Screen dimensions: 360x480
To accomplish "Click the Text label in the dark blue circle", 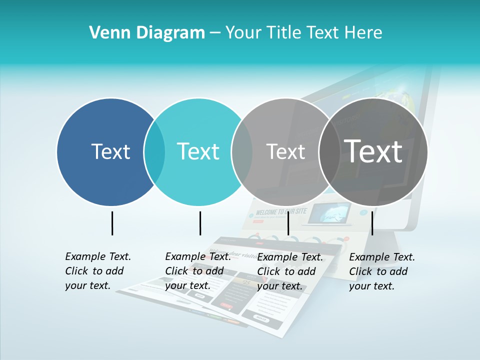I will pyautogui.click(x=110, y=151).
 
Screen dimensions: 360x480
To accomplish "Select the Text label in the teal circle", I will pyautogui.click(x=198, y=151).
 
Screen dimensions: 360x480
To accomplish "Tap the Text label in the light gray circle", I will pyautogui.click(x=285, y=151).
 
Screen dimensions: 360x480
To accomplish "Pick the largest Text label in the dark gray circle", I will pyautogui.click(x=373, y=151).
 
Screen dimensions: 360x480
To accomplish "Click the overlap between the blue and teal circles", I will pyautogui.click(x=154, y=151).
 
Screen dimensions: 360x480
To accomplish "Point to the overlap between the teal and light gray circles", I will pyautogui.click(x=242, y=151).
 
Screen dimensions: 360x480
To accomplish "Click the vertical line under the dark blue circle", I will pyautogui.click(x=112, y=223).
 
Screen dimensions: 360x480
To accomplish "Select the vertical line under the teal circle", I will pyautogui.click(x=200, y=223).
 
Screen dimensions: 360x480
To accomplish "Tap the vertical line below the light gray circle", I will pyautogui.click(x=288, y=223).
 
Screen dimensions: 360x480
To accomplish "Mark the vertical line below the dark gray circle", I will pyautogui.click(x=372, y=223).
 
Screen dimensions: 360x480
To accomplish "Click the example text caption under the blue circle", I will pyautogui.click(x=97, y=271).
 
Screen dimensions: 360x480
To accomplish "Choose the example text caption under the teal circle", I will pyautogui.click(x=197, y=271).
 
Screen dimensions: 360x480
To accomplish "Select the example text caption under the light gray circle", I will pyautogui.click(x=289, y=271).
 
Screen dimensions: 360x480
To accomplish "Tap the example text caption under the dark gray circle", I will pyautogui.click(x=381, y=271).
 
